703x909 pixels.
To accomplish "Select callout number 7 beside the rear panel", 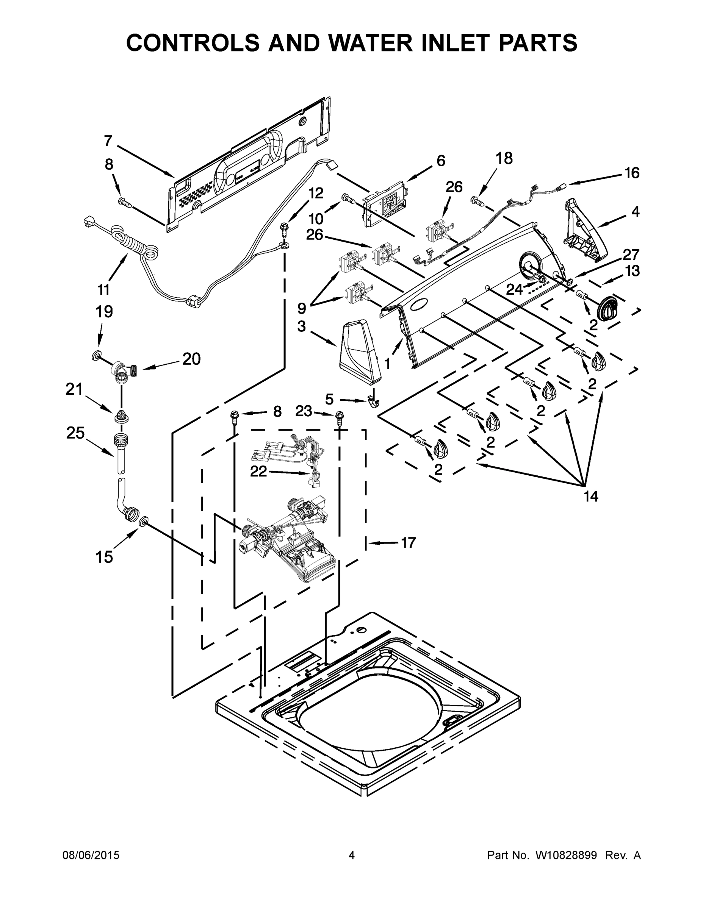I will (x=108, y=141).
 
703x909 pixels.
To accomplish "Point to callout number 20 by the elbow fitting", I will (x=191, y=359).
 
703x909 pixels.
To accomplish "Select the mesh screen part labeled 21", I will (x=121, y=415).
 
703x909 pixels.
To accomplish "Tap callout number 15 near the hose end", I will (x=104, y=556).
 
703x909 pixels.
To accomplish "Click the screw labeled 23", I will (x=340, y=415).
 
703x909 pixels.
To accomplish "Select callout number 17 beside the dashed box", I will (x=408, y=542).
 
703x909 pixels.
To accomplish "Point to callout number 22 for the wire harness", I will (x=258, y=471).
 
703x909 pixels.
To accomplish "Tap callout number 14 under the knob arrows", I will (x=590, y=496).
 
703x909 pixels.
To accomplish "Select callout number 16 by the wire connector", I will (x=632, y=172).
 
